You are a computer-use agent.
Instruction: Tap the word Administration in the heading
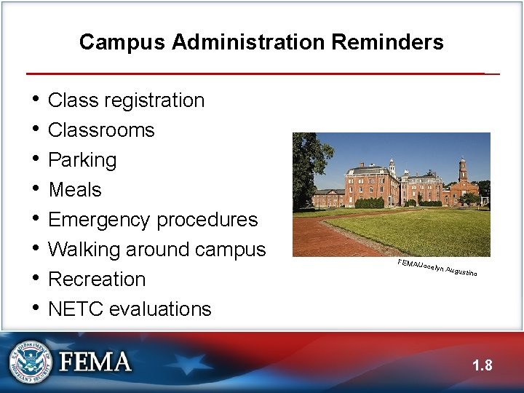pyautogui.click(x=249, y=42)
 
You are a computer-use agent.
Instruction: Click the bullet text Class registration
pyautogui.click(x=126, y=100)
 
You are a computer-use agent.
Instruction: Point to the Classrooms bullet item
pyautogui.click(x=101, y=130)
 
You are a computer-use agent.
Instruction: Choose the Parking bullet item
pyautogui.click(x=82, y=160)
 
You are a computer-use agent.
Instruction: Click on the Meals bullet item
pyautogui.click(x=75, y=190)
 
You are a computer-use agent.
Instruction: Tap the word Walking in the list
pyautogui.click(x=84, y=250)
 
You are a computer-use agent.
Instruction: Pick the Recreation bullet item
pyautogui.click(x=97, y=279)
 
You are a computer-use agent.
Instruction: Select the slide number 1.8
pyautogui.click(x=482, y=365)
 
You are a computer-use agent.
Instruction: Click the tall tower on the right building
pyautogui.click(x=462, y=172)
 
